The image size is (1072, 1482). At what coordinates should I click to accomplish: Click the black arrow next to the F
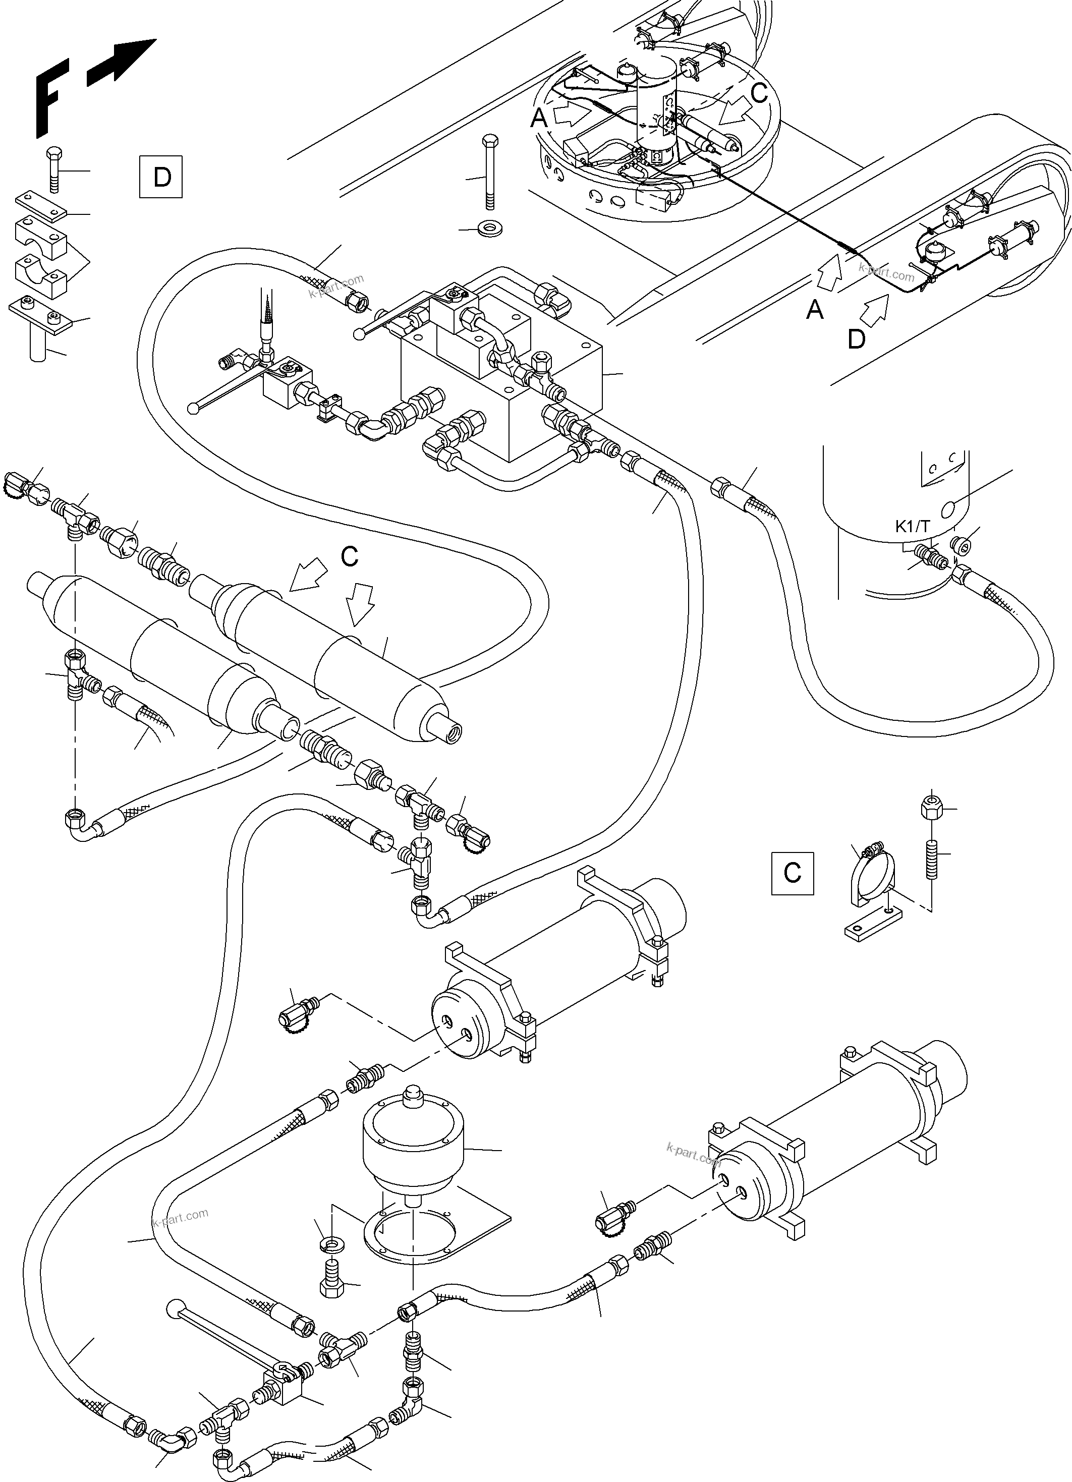121,63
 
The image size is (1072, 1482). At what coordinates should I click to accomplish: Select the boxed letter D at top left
161,177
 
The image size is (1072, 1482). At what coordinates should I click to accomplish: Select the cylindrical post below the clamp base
39,347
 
